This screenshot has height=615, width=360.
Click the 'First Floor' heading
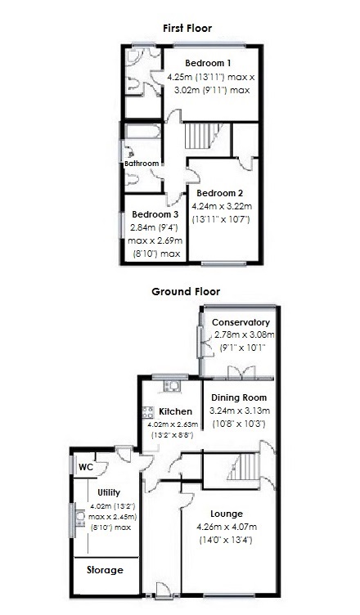(187, 29)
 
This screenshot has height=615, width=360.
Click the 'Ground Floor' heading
(186, 292)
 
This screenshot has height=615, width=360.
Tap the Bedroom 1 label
(208, 63)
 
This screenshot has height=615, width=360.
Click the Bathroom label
(141, 164)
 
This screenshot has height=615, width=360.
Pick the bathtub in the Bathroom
(142, 131)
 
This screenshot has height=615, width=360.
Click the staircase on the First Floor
(200, 134)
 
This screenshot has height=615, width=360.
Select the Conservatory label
(241, 322)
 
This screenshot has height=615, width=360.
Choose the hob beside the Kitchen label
(149, 413)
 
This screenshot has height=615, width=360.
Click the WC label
(86, 467)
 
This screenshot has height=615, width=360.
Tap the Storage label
(105, 570)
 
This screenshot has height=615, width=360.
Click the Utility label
(109, 492)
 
